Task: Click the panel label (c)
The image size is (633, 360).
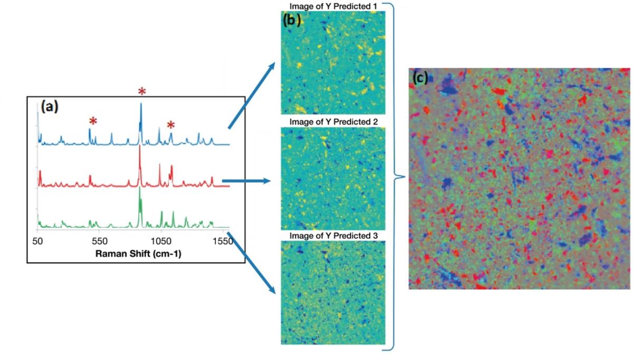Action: coord(420,77)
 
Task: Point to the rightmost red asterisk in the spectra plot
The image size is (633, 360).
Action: coord(170,125)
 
